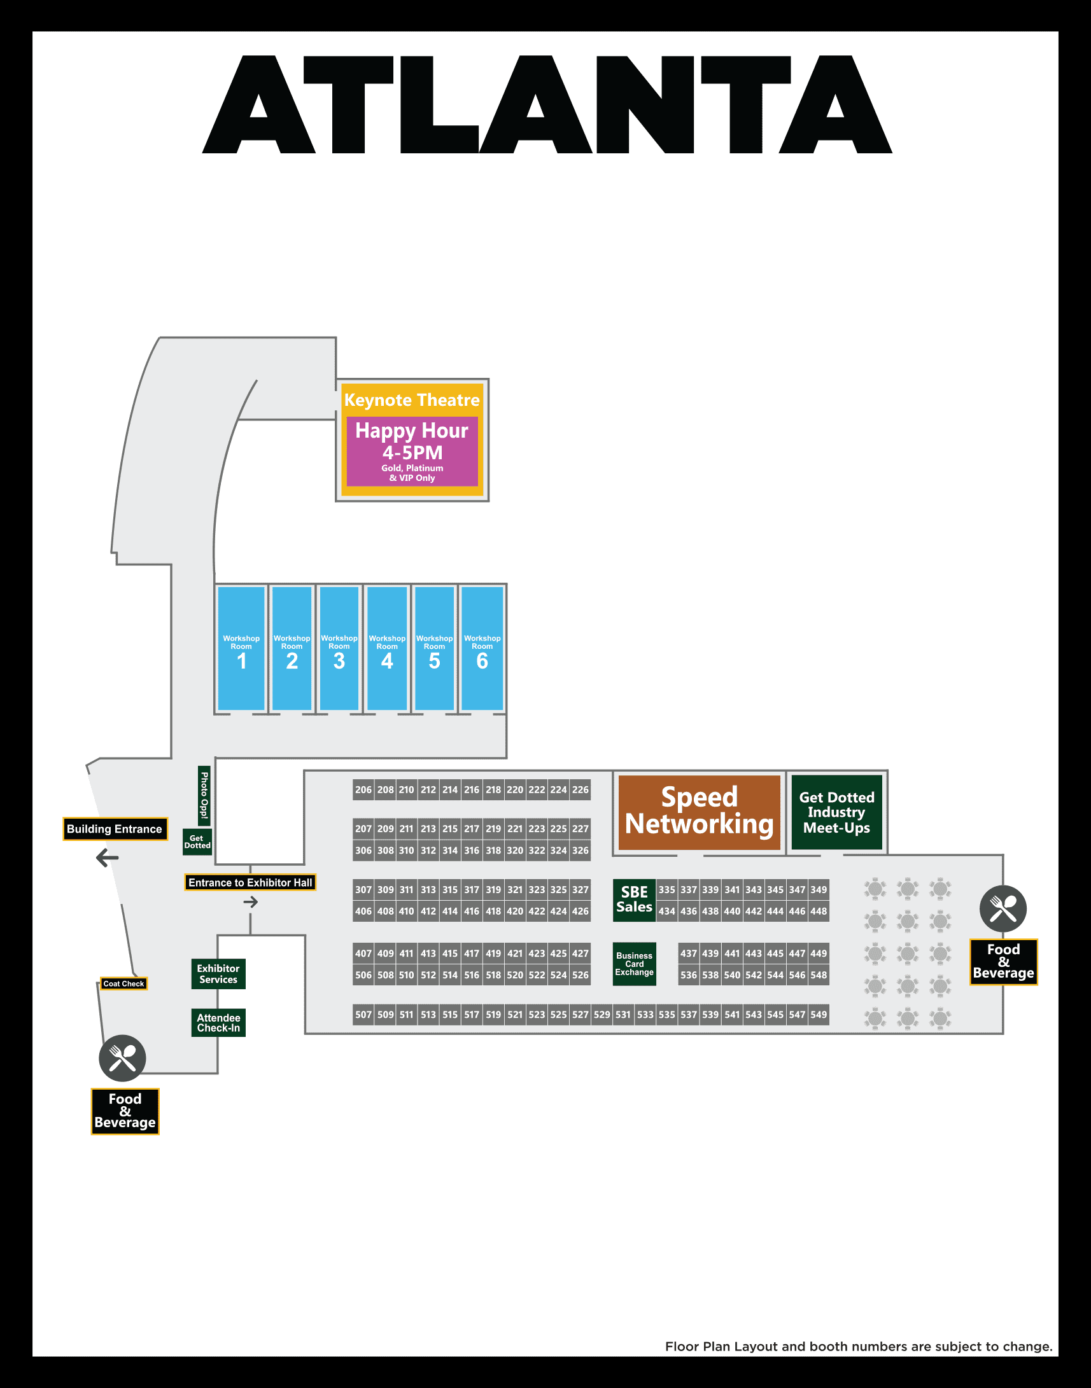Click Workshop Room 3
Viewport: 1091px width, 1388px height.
[x=339, y=648]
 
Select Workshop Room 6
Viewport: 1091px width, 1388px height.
[x=482, y=648]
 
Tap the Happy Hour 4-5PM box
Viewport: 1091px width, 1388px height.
[x=412, y=451]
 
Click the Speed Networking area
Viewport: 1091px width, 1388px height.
[x=699, y=812]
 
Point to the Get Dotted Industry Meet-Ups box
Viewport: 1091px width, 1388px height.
[x=836, y=812]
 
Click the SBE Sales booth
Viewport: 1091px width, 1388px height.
[x=633, y=899]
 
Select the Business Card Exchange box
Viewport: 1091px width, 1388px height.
[x=633, y=964]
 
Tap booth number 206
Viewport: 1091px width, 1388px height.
[x=363, y=790]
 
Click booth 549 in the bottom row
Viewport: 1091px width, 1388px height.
[x=819, y=1015]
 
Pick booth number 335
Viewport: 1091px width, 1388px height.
[x=666, y=889]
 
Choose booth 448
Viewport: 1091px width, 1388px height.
[x=819, y=911]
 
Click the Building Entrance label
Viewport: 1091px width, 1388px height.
[x=115, y=829]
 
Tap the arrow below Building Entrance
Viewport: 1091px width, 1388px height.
[x=108, y=857]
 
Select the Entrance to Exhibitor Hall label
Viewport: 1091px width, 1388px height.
[x=250, y=882]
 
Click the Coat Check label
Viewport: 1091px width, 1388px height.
[x=124, y=983]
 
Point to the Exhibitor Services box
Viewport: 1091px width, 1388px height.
[x=218, y=974]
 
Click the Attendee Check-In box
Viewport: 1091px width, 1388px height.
[x=218, y=1023]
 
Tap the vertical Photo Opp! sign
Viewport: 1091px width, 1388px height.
[x=204, y=796]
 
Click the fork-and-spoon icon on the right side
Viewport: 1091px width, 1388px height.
[x=1003, y=908]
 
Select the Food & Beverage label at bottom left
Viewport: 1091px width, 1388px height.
[x=125, y=1111]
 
